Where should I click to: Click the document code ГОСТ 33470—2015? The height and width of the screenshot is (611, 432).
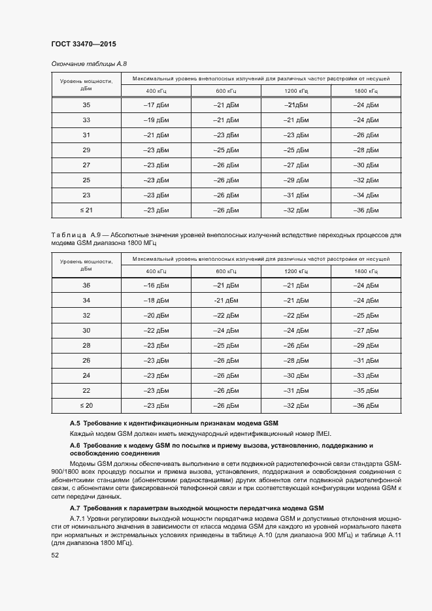78,45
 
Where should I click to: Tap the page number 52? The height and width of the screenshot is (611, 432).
55,555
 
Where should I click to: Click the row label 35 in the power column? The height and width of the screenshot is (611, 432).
86,105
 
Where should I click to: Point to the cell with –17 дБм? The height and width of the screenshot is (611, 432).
155,105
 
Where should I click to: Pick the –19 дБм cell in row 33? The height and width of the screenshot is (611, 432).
155,120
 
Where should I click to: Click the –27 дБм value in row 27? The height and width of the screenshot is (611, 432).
295,165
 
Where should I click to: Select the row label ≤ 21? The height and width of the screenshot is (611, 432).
86,210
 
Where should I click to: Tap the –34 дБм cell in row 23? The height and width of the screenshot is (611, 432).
365,195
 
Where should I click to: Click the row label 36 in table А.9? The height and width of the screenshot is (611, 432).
86,286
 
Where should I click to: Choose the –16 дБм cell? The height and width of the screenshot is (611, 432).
155,286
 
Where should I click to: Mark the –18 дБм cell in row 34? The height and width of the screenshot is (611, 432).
155,301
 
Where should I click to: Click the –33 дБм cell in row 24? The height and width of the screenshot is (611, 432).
365,376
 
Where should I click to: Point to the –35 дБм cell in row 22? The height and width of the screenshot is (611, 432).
365,391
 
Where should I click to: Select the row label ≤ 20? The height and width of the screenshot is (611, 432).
86,406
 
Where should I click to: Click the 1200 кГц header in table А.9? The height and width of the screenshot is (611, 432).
295,271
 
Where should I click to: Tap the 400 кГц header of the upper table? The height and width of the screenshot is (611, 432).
156,90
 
